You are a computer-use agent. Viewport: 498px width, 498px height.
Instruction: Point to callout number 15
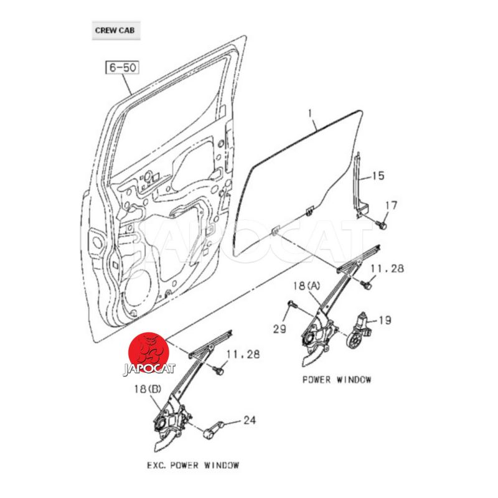tap(379, 176)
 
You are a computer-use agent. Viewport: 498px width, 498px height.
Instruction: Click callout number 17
tap(390, 205)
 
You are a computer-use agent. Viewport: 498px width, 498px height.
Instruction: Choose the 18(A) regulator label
tap(306, 286)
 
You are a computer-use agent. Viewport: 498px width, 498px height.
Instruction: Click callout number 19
tap(385, 321)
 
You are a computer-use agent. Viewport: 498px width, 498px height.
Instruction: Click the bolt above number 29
tap(292, 305)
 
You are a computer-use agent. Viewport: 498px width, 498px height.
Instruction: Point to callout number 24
tap(249, 421)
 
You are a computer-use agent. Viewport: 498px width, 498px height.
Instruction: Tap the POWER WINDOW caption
tap(337, 379)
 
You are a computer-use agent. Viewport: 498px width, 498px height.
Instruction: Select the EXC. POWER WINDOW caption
tap(193, 465)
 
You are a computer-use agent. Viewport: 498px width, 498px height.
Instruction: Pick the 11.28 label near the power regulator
tap(388, 269)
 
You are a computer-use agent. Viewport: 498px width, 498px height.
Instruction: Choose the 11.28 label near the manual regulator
tap(242, 355)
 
